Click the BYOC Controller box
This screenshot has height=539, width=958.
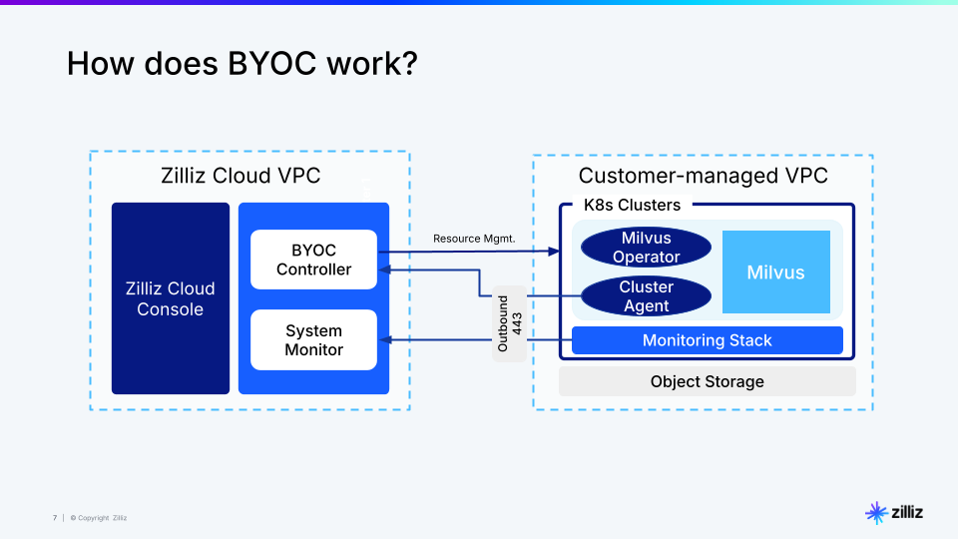point(313,260)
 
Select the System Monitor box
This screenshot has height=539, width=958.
point(313,340)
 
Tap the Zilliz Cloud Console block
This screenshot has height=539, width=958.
point(170,298)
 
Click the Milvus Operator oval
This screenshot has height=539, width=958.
point(646,248)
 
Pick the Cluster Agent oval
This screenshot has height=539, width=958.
point(646,296)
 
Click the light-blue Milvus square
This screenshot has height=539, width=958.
point(775,272)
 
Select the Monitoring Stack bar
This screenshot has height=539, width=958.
point(707,340)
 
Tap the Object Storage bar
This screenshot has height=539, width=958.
point(707,381)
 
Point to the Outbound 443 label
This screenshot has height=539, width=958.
point(509,323)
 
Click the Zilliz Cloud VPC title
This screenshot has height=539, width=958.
point(240,177)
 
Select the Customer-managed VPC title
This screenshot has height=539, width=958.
point(703,177)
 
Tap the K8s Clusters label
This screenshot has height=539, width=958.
point(632,206)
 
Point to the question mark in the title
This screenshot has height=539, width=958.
point(409,64)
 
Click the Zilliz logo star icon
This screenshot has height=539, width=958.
point(875,513)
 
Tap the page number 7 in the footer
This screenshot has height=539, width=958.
point(55,518)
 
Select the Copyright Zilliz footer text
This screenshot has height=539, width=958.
point(99,518)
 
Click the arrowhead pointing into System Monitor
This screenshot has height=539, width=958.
point(383,340)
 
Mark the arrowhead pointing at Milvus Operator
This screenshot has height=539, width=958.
point(556,252)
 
